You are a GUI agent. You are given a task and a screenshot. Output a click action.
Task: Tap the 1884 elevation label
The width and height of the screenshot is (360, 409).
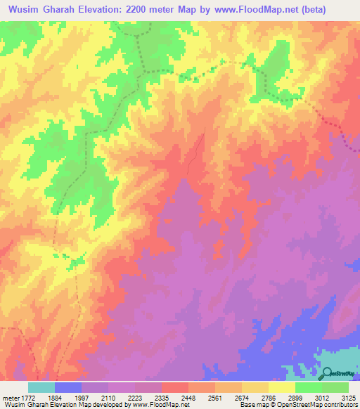55,397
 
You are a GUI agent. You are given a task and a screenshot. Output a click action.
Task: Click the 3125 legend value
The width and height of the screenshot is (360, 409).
347,397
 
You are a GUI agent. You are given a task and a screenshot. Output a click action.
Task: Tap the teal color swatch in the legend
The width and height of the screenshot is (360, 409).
41,387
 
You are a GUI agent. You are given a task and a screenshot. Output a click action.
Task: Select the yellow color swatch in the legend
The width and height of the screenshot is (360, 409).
281,387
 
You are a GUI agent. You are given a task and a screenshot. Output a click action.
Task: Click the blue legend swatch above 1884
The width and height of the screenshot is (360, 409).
68,387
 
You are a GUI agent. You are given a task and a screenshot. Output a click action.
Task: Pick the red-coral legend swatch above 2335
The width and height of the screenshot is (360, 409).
174,387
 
